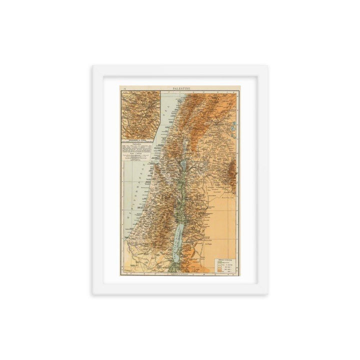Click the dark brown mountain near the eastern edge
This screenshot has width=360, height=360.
pyautogui.click(x=231, y=172)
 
